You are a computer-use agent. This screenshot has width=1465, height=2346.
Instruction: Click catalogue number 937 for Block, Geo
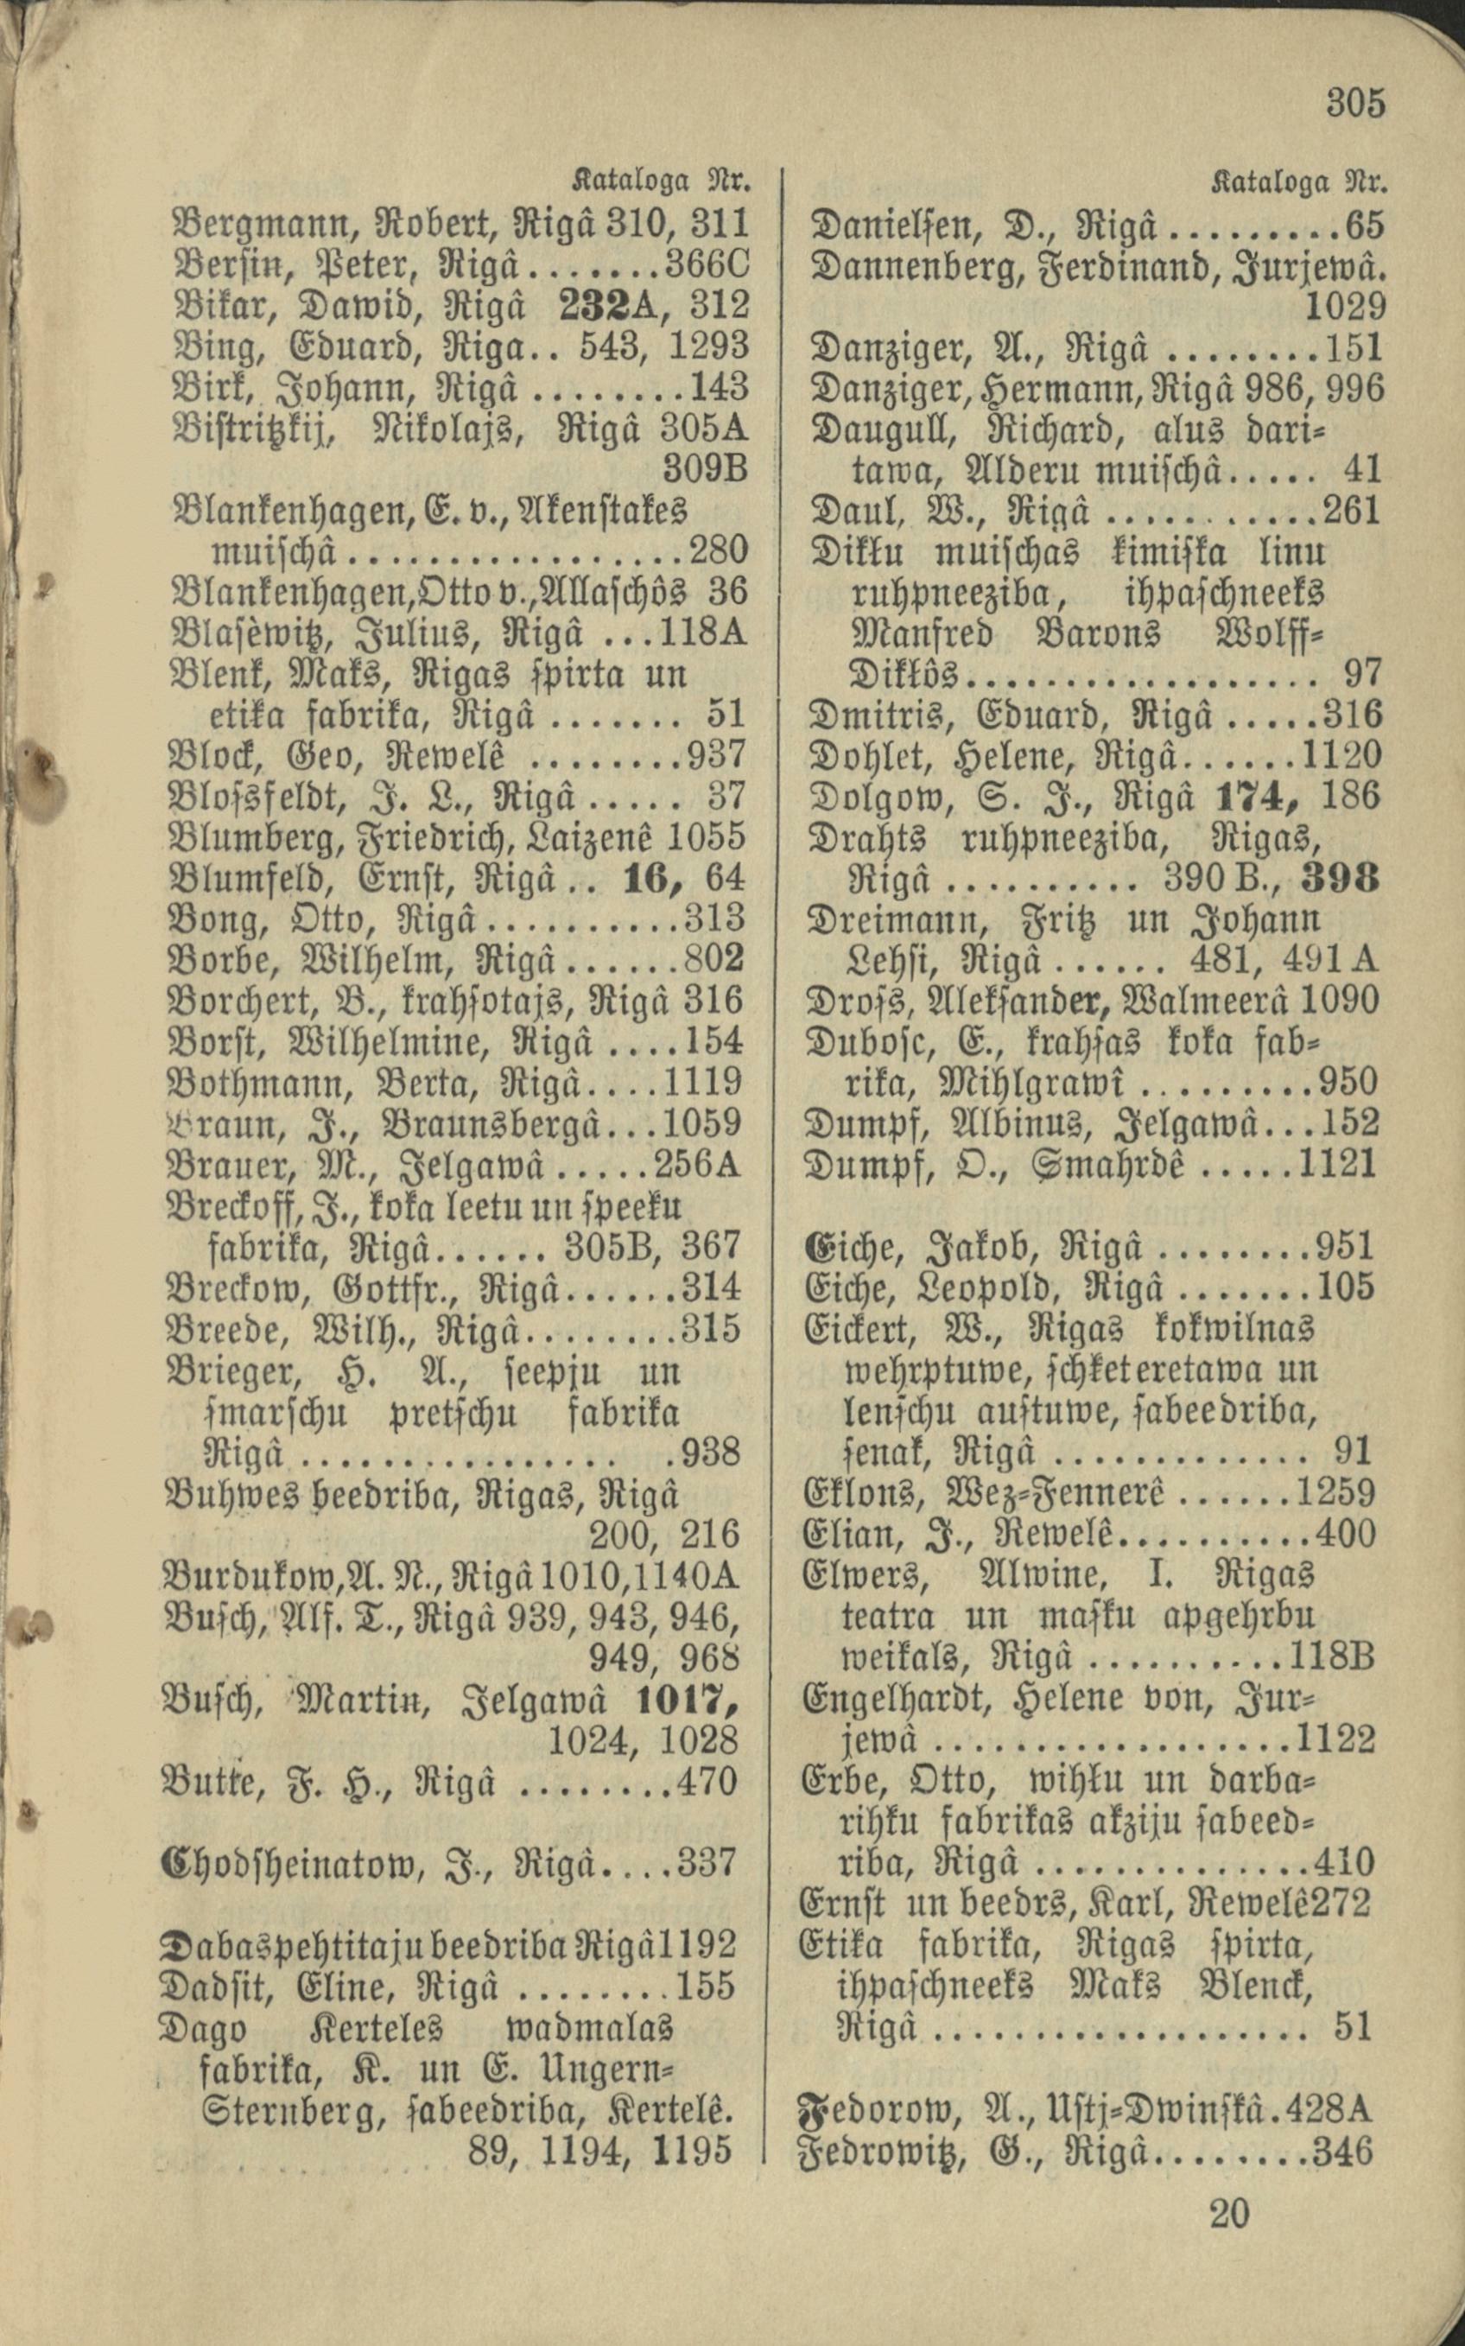click(716, 753)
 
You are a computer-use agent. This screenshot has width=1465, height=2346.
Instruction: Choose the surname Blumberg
click(251, 836)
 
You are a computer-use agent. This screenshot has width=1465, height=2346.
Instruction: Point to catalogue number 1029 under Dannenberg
click(1344, 306)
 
